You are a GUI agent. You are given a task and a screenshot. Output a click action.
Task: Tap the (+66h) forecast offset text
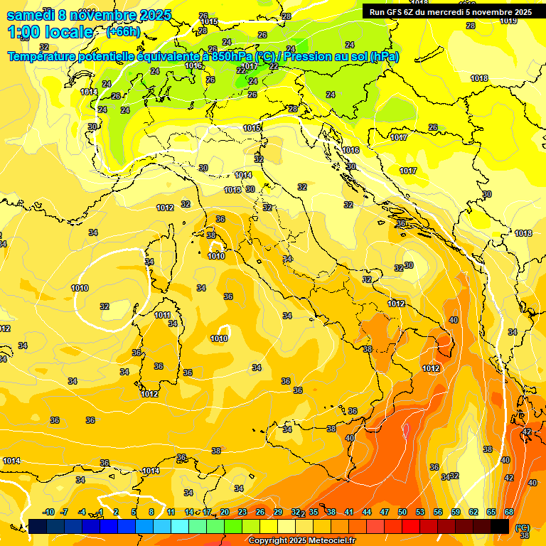122,32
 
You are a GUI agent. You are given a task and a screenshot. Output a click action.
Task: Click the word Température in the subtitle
42,57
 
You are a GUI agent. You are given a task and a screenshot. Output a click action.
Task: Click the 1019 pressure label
508,21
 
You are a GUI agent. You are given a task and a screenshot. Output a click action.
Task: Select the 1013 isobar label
232,191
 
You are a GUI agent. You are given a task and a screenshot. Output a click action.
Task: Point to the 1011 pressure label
163,315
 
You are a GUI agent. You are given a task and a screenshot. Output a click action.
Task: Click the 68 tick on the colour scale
509,512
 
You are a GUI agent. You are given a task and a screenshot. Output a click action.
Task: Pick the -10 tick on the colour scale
48,512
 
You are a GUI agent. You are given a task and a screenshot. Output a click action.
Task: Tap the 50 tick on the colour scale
402,512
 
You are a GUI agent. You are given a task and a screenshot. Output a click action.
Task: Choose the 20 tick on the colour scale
225,512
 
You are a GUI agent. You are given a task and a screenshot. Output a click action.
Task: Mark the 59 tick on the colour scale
456,512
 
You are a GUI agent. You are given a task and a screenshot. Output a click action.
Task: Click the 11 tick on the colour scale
171,512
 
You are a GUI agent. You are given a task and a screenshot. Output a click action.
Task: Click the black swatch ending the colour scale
500,526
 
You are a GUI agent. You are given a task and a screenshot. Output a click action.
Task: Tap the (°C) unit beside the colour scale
523,527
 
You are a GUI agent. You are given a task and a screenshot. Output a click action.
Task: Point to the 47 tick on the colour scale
385,512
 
